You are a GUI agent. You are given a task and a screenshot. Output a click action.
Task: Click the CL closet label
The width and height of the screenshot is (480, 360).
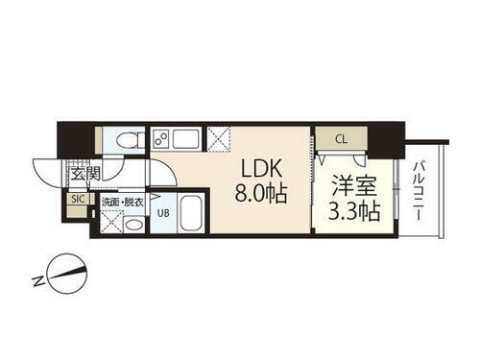(340, 139)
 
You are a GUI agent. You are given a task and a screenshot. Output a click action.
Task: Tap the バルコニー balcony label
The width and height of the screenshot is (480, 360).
(421, 193)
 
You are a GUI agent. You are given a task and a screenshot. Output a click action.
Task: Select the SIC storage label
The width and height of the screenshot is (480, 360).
(76, 199)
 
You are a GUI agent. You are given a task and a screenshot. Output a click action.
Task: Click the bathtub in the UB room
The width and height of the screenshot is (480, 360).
(189, 212)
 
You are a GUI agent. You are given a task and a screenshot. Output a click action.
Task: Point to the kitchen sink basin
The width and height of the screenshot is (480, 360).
(186, 139)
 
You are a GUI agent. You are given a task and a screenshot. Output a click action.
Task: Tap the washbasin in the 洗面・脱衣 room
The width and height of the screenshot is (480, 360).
(133, 225)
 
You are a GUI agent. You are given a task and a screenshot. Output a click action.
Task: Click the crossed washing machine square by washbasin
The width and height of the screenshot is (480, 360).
(108, 224)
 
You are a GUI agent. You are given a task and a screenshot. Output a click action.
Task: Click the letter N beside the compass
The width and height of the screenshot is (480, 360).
(36, 281)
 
